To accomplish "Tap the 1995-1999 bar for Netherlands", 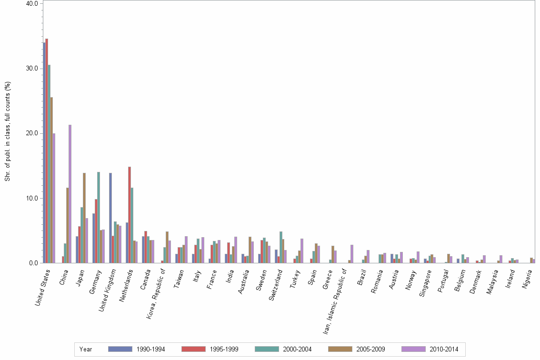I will pyautogui.click(x=130, y=215).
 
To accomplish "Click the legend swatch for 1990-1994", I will pyautogui.click(x=120, y=349).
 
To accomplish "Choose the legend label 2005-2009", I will pyautogui.click(x=370, y=350).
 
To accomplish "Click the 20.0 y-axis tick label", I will pyautogui.click(x=32, y=133).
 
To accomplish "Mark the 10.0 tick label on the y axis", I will pyautogui.click(x=32, y=198).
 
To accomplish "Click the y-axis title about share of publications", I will pyautogui.click(x=8, y=131).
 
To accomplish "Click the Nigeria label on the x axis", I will pyautogui.click(x=529, y=281).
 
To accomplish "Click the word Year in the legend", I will pyautogui.click(x=86, y=350).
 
